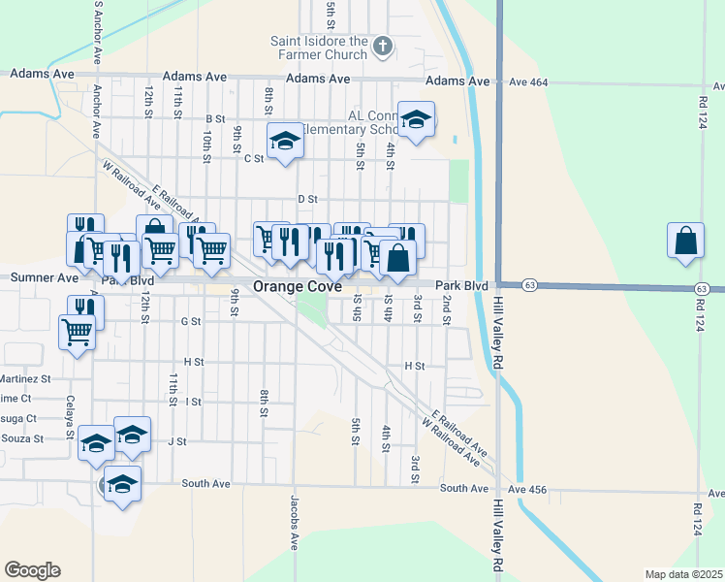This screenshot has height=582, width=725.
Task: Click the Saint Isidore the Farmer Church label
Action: [318, 48]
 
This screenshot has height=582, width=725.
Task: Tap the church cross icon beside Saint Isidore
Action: [383, 45]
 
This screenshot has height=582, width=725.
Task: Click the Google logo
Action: [32, 570]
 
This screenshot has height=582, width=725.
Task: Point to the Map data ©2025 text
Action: [683, 573]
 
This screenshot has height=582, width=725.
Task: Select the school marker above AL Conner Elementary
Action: [416, 119]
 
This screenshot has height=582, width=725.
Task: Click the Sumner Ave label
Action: [44, 277]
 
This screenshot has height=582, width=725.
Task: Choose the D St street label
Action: [307, 199]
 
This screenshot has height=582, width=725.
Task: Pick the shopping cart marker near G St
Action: [77, 331]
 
